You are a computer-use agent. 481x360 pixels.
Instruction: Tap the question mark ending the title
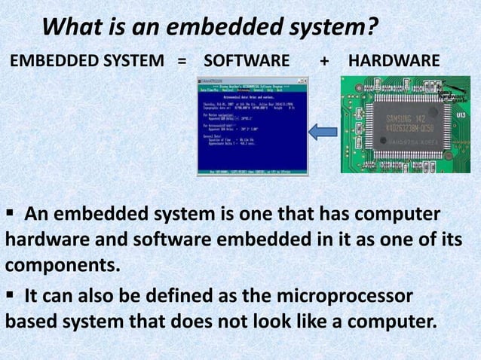(370, 29)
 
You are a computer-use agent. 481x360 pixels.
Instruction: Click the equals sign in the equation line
(181, 59)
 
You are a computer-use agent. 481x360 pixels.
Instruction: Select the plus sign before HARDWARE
(324, 59)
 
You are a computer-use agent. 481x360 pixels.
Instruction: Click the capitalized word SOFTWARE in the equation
(247, 59)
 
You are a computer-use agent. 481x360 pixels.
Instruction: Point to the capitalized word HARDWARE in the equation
(391, 59)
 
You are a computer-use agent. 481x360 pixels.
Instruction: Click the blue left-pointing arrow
(323, 131)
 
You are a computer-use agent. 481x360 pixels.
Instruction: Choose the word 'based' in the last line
(33, 322)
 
